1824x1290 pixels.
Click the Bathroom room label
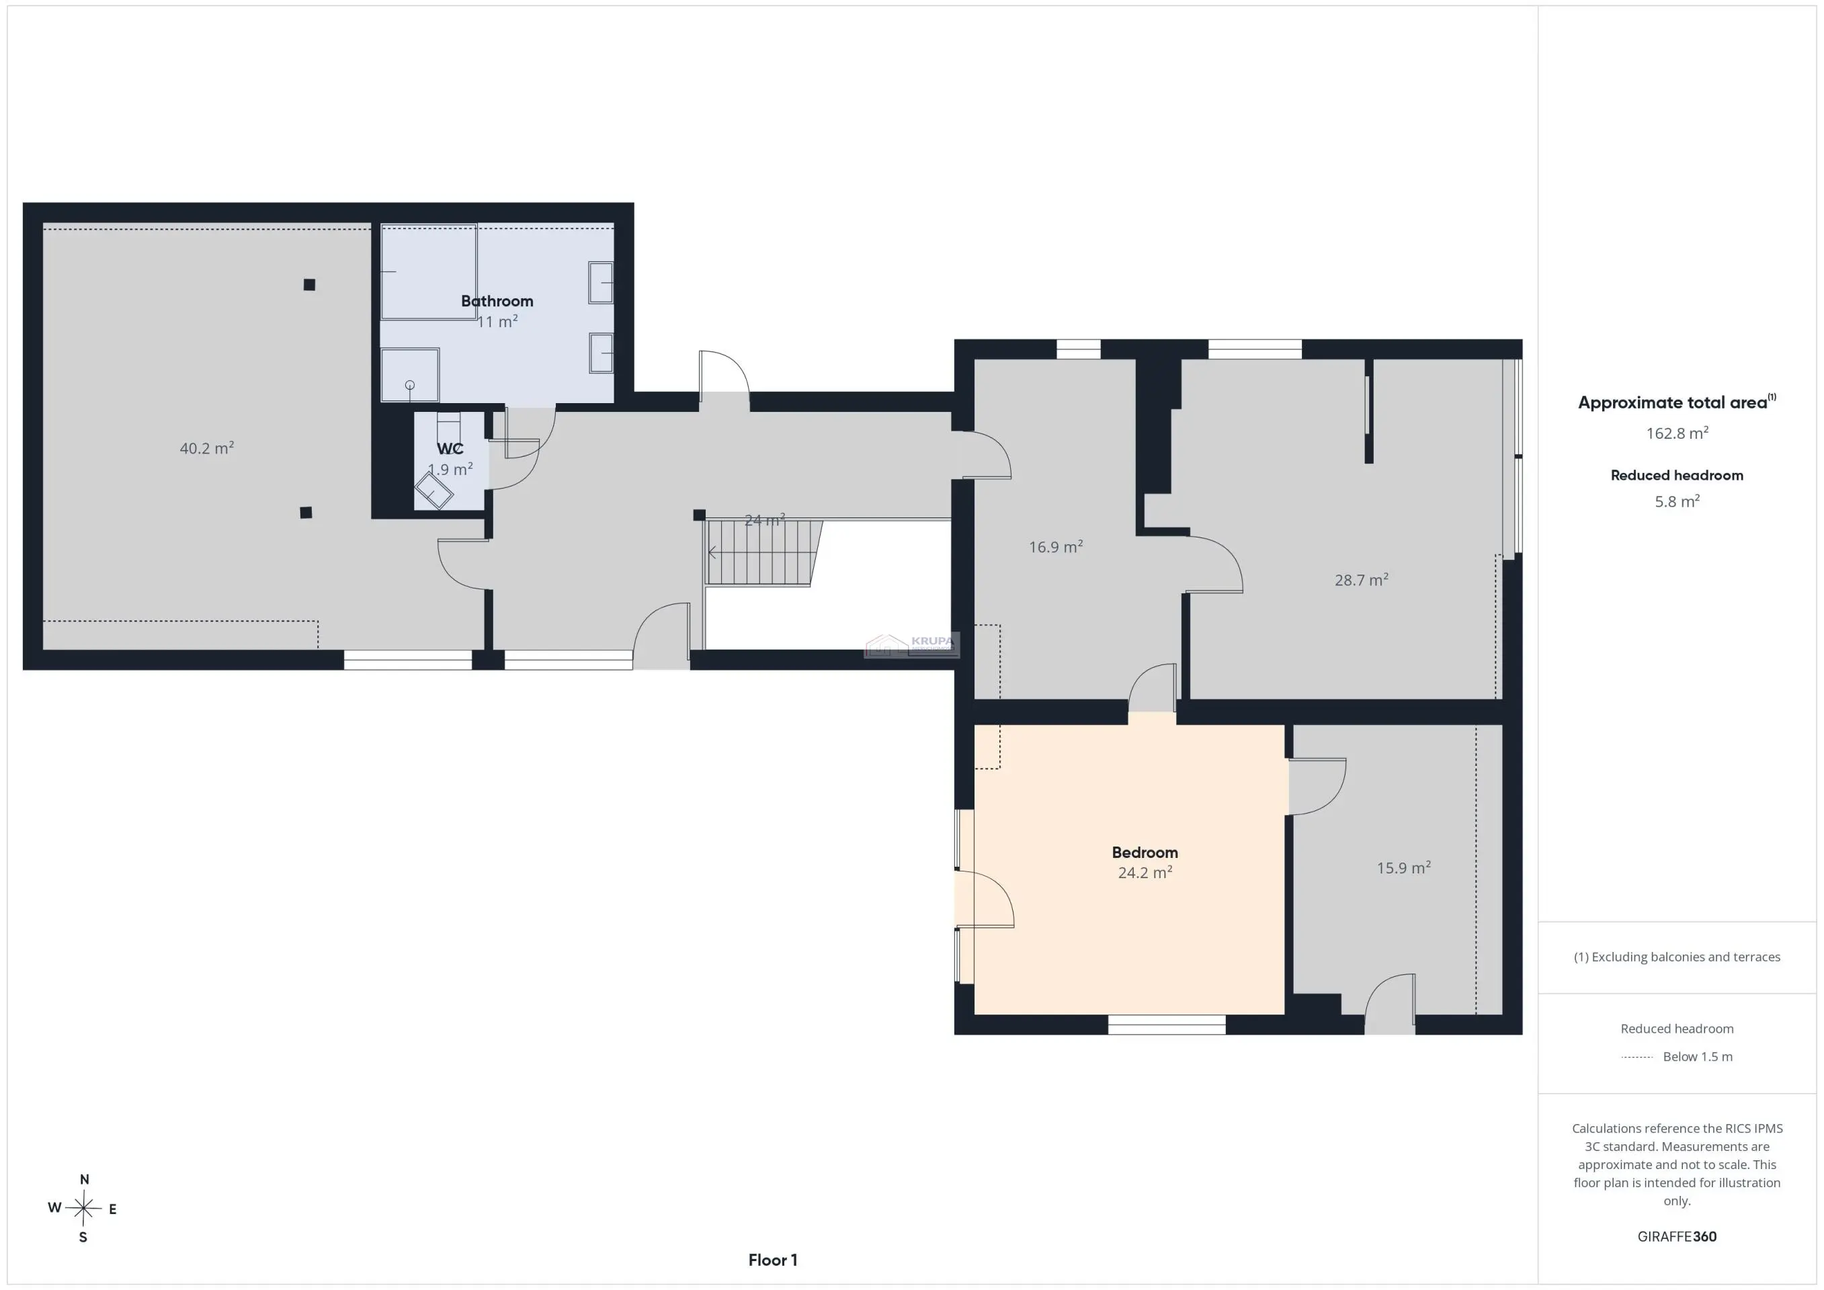coord(497,301)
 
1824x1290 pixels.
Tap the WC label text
coord(450,449)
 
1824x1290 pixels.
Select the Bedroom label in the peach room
coord(1145,853)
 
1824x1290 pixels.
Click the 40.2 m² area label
coord(206,448)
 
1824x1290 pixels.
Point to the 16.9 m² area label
coord(1056,546)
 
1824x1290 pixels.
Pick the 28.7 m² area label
coord(1362,580)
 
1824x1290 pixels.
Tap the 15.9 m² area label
coord(1404,867)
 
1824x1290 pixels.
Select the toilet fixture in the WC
coord(433,491)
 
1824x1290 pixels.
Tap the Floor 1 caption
coord(773,1260)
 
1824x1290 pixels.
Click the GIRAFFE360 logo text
coord(1677,1236)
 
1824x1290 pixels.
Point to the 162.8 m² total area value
coord(1677,433)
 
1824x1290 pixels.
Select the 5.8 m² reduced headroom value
coord(1677,501)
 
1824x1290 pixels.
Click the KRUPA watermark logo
coord(912,645)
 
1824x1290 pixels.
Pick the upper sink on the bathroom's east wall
coord(601,282)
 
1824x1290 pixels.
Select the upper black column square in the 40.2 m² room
coord(309,284)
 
